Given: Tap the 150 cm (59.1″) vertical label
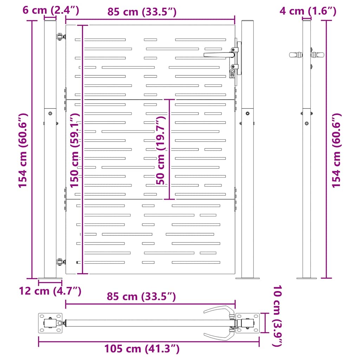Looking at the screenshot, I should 75,150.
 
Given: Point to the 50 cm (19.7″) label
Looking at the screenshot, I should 161,150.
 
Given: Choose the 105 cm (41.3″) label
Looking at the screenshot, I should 142,349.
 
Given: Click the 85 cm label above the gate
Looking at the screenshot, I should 142,12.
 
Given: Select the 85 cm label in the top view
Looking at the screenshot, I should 142,296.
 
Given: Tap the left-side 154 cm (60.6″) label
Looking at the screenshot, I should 23,150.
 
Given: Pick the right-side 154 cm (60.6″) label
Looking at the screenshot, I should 336,150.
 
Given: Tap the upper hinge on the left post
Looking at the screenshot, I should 60,36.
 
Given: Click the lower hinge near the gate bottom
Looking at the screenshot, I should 60,262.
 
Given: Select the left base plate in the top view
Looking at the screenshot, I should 50,323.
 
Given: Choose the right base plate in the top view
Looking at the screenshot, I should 248,323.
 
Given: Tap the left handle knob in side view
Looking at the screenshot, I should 295,54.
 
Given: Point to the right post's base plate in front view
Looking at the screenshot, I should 247,278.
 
